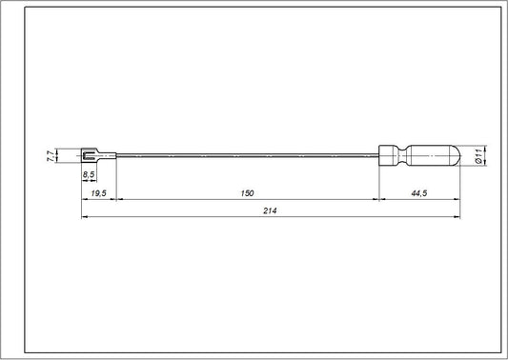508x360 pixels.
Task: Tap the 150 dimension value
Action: (x=248, y=193)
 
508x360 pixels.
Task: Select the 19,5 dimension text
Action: (x=98, y=193)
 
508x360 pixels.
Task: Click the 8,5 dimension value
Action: (x=88, y=175)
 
